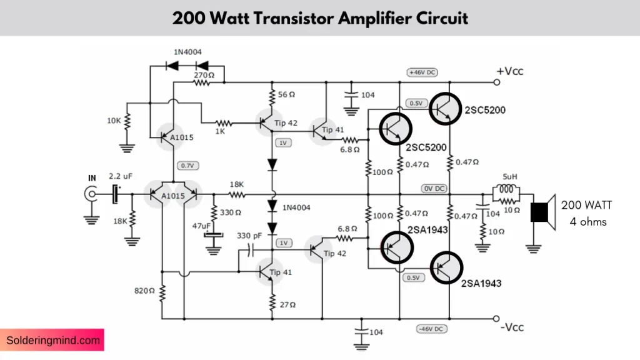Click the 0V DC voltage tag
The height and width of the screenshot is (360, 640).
[x=434, y=188]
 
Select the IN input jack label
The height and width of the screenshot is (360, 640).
[x=92, y=178]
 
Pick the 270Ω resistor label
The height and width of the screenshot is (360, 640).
[x=204, y=75]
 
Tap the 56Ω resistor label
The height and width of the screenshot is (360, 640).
[x=286, y=94]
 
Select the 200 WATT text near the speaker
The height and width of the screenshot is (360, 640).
[x=587, y=205]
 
